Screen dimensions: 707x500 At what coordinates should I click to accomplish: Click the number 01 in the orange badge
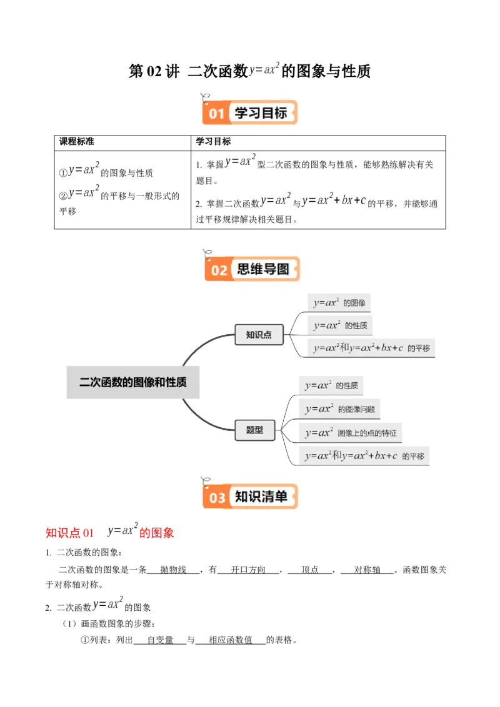(216, 114)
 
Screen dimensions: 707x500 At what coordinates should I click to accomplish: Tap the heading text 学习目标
(261, 113)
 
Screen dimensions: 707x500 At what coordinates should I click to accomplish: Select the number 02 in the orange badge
(219, 270)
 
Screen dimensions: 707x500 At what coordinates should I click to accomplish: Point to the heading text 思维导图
(263, 269)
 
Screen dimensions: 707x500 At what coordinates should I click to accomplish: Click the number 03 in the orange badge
(217, 498)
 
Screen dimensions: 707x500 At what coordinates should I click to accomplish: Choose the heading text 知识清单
(261, 497)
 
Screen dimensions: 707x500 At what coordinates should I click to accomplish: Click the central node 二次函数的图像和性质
(132, 382)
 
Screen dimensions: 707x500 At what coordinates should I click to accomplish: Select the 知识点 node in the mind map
(259, 335)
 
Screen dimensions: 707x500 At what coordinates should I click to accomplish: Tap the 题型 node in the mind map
(254, 430)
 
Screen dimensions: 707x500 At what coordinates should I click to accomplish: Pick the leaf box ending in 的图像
(339, 303)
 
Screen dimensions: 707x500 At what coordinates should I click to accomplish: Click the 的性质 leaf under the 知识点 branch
(340, 325)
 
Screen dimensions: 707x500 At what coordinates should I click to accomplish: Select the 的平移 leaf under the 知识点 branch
(372, 348)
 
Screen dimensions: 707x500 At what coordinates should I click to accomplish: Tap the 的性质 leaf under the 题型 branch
(331, 385)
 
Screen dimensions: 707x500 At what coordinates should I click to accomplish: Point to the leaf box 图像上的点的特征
(350, 432)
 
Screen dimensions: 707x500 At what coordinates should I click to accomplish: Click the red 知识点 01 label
(69, 533)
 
